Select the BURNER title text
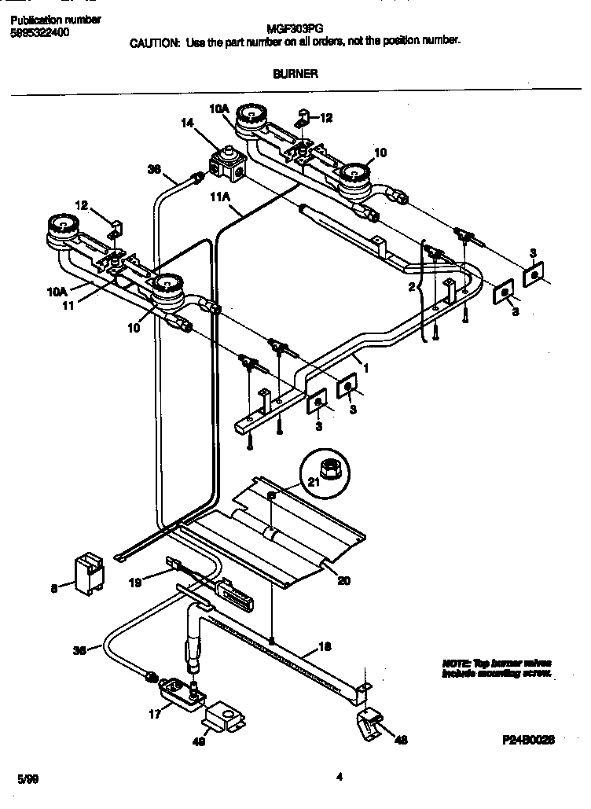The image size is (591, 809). (x=295, y=74)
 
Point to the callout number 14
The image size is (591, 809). (x=186, y=122)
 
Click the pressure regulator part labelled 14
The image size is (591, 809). (x=229, y=163)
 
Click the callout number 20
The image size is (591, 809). (x=343, y=581)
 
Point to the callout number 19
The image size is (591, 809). (x=136, y=583)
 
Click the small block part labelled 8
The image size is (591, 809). (x=89, y=573)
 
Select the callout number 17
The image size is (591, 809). (x=154, y=714)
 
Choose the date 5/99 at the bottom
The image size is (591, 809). (x=27, y=779)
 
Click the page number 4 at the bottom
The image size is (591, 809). (x=339, y=778)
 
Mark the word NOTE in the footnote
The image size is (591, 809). (x=457, y=663)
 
